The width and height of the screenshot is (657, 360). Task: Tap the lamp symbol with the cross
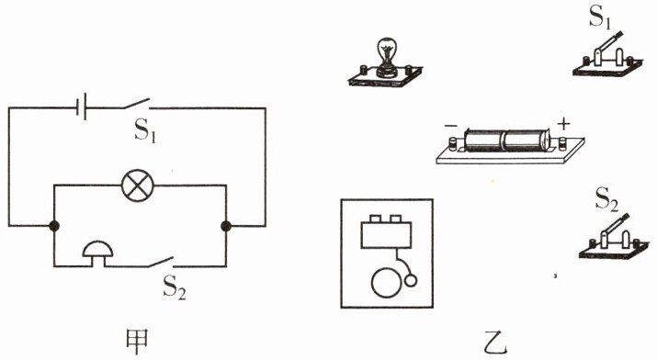(x=138, y=186)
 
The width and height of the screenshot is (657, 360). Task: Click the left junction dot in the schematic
(x=53, y=226)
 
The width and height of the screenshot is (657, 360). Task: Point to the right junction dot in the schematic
(x=226, y=226)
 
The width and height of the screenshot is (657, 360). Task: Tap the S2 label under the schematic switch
(x=175, y=287)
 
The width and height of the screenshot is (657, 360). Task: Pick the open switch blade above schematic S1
(x=137, y=104)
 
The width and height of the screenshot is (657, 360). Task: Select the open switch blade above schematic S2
(x=161, y=262)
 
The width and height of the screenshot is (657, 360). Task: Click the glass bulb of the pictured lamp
(x=386, y=51)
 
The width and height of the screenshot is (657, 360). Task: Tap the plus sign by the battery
(x=563, y=124)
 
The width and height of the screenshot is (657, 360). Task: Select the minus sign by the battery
(x=451, y=126)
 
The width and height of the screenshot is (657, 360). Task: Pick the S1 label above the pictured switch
(x=600, y=17)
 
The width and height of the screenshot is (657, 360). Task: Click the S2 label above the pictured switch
(x=606, y=198)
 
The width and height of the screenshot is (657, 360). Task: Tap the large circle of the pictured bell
(x=387, y=283)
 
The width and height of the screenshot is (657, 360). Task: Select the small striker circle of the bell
(x=411, y=280)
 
